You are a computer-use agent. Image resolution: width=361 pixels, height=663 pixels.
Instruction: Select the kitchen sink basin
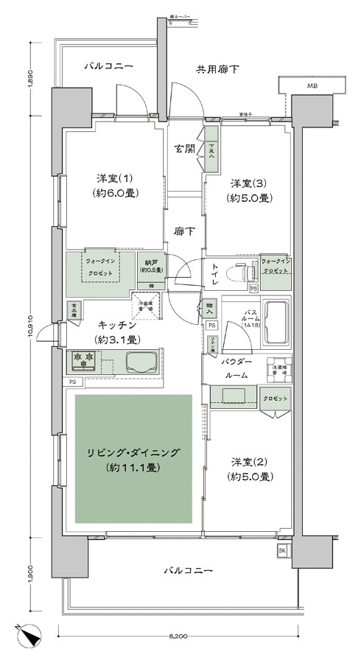pyautogui.click(x=141, y=362)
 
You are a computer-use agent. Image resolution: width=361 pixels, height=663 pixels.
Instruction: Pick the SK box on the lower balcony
pyautogui.click(x=283, y=550)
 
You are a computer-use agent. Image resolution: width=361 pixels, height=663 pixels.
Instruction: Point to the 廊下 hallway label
pyautogui.click(x=184, y=231)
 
